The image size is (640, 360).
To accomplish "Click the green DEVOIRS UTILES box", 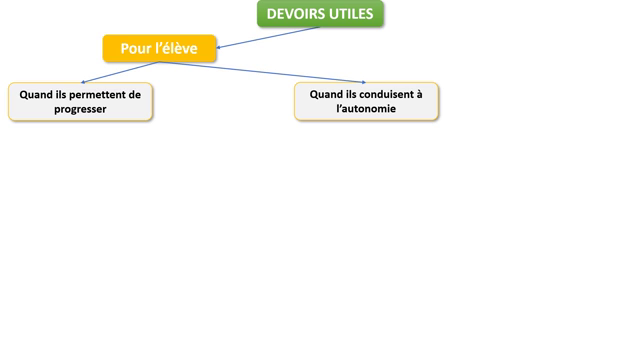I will (320, 14).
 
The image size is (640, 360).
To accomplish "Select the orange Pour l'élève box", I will (159, 48).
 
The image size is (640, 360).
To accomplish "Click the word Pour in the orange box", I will (137, 48).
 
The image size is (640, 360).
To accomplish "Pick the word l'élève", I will (176, 48).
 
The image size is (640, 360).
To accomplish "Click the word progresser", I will (80, 108).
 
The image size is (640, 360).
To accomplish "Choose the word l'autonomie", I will (366, 108).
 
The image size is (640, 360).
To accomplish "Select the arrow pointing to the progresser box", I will (120, 72).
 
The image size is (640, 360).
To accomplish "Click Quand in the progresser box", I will (36, 94).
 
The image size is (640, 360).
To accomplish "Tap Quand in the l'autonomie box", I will (326, 94).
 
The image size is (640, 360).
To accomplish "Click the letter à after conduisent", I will (419, 94).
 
